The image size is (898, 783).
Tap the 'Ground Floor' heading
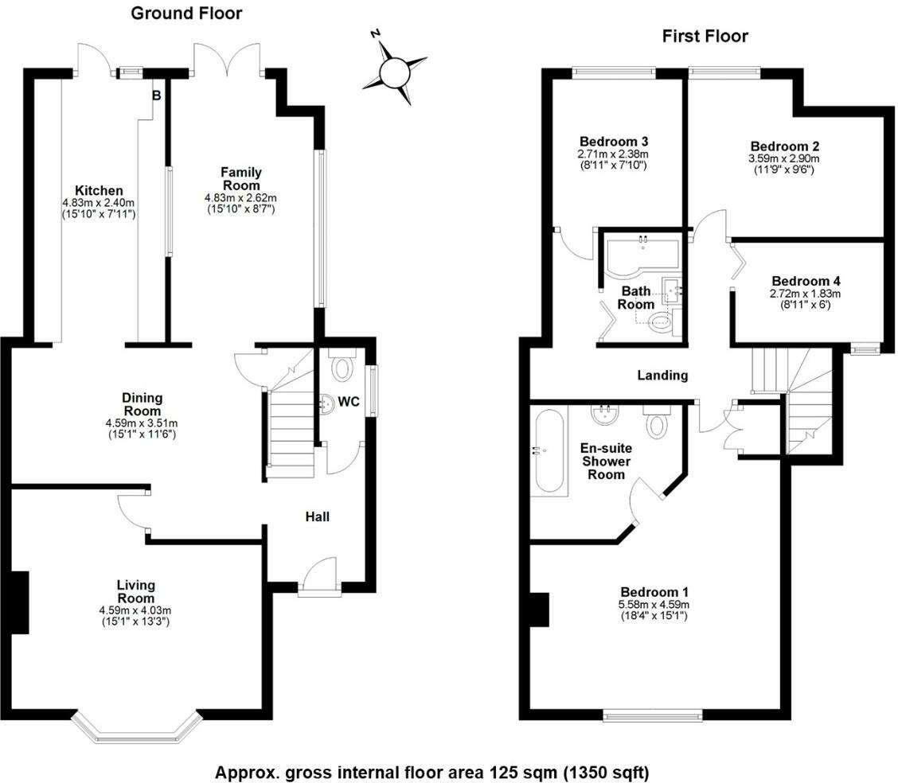pyautogui.click(x=186, y=13)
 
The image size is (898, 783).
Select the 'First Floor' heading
pyautogui.click(x=705, y=36)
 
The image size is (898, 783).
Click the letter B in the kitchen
pyautogui.click(x=157, y=95)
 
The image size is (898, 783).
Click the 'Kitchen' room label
pyautogui.click(x=99, y=191)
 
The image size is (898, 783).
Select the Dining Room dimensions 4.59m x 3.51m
pyautogui.click(x=143, y=423)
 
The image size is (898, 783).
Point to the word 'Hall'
pyautogui.click(x=318, y=517)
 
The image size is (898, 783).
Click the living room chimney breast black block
pyautogui.click(x=18, y=602)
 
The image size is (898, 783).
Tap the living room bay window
pyautogui.click(x=135, y=729)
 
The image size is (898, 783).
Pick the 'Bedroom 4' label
pyautogui.click(x=806, y=281)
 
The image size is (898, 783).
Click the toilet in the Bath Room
pyautogui.click(x=660, y=321)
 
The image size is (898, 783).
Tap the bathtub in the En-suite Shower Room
pyautogui.click(x=549, y=451)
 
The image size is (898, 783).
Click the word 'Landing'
pyautogui.click(x=662, y=376)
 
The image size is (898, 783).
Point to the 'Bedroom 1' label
pyautogui.click(x=654, y=593)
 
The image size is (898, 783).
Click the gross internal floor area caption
pyautogui.click(x=432, y=772)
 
